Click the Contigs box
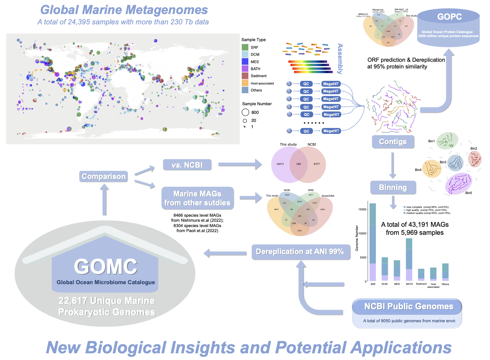(393, 142)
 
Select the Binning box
(393, 187)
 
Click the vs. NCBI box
(187, 165)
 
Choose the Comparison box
(103, 176)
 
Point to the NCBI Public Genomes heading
(409, 306)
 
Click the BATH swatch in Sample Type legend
(245, 69)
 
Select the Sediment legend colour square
(245, 76)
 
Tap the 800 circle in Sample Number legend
(245, 113)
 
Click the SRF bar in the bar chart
(373, 242)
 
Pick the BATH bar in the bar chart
(409, 259)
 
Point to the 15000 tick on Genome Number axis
(362, 209)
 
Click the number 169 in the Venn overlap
(298, 164)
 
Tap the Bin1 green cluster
(447, 140)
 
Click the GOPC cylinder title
(449, 17)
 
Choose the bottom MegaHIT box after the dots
(331, 131)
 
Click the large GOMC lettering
(105, 266)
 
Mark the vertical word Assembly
(340, 59)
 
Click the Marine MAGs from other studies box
(197, 198)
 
